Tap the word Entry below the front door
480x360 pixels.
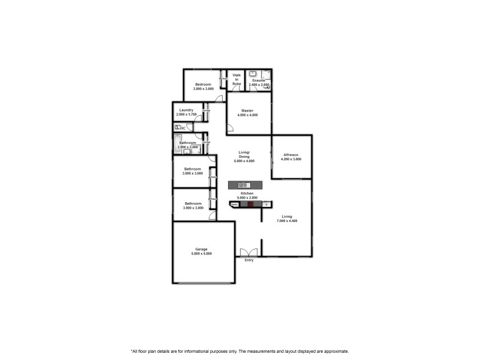coord(249,260)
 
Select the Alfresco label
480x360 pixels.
coord(291,155)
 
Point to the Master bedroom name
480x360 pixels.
coord(248,110)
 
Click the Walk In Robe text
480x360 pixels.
coord(236,80)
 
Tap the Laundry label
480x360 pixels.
coord(186,110)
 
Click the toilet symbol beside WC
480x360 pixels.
coord(178,128)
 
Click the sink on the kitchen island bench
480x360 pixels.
coord(243,185)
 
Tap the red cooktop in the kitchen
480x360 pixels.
coord(251,205)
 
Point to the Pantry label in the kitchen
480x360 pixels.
coord(235,205)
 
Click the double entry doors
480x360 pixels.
coord(248,252)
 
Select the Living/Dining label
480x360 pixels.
coord(244,155)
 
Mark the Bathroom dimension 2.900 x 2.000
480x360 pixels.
coord(188,147)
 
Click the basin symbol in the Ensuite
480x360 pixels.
coord(253,74)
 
